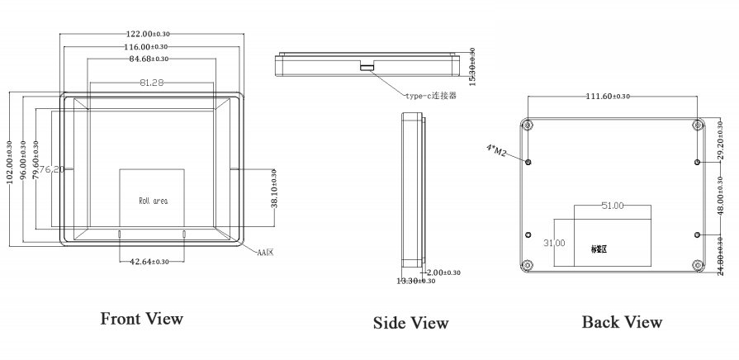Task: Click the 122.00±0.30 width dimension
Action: (149, 34)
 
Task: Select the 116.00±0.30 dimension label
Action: (149, 46)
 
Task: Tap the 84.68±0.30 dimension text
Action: (149, 59)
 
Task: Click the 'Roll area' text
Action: (154, 201)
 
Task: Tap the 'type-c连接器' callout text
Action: (431, 95)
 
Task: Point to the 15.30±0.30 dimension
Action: (472, 67)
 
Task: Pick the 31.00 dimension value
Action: (555, 243)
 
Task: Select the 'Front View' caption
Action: (141, 319)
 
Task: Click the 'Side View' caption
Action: (410, 323)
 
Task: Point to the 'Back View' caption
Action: (622, 321)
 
